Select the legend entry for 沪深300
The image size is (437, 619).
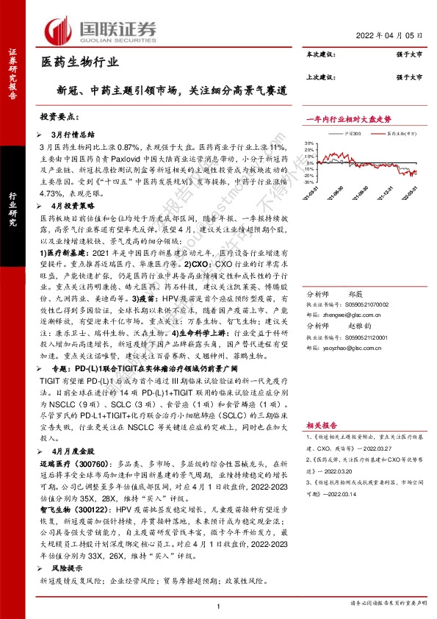[352, 133]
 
